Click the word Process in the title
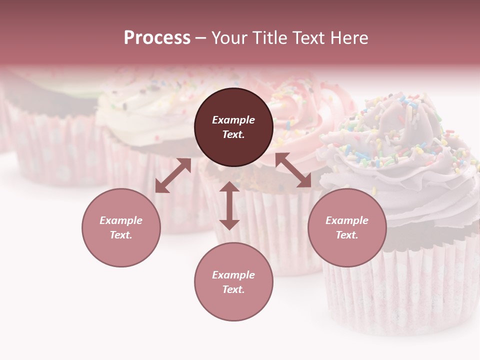[x=157, y=38]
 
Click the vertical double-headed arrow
[x=229, y=205]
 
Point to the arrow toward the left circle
[x=173, y=175]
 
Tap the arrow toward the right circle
[x=293, y=170]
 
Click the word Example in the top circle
[x=233, y=120]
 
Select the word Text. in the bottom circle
[x=233, y=289]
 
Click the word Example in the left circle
[x=121, y=220]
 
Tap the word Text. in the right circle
[x=347, y=235]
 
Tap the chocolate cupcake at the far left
[x=50, y=130]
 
